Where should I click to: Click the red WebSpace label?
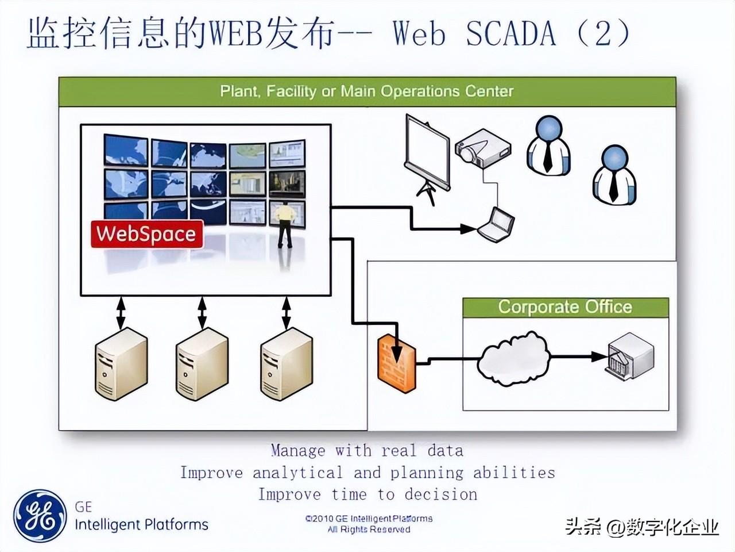(147, 234)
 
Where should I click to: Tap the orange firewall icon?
(397, 363)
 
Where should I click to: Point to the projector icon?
(483, 148)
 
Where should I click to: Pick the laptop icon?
(496, 224)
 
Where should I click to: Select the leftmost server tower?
(121, 364)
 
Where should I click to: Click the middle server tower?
(202, 364)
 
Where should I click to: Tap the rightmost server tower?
(287, 364)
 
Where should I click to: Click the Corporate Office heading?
(565, 306)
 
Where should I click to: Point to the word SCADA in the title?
(511, 33)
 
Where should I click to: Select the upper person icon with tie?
(548, 145)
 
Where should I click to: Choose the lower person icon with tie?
(614, 174)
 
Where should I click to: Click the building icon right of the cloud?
(629, 357)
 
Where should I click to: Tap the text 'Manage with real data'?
(367, 451)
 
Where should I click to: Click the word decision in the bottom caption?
(440, 494)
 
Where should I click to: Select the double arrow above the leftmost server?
(121, 313)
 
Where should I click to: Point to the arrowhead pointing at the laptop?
(468, 229)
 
